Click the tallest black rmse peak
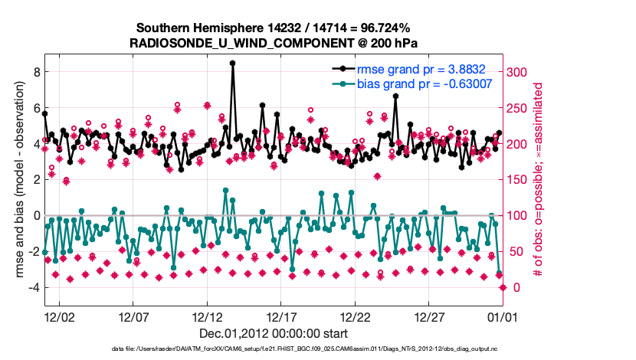pyautogui.click(x=232, y=64)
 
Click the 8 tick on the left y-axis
pyautogui.click(x=34, y=72)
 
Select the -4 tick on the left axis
pyautogui.click(x=33, y=287)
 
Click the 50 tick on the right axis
pyautogui.click(x=513, y=251)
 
